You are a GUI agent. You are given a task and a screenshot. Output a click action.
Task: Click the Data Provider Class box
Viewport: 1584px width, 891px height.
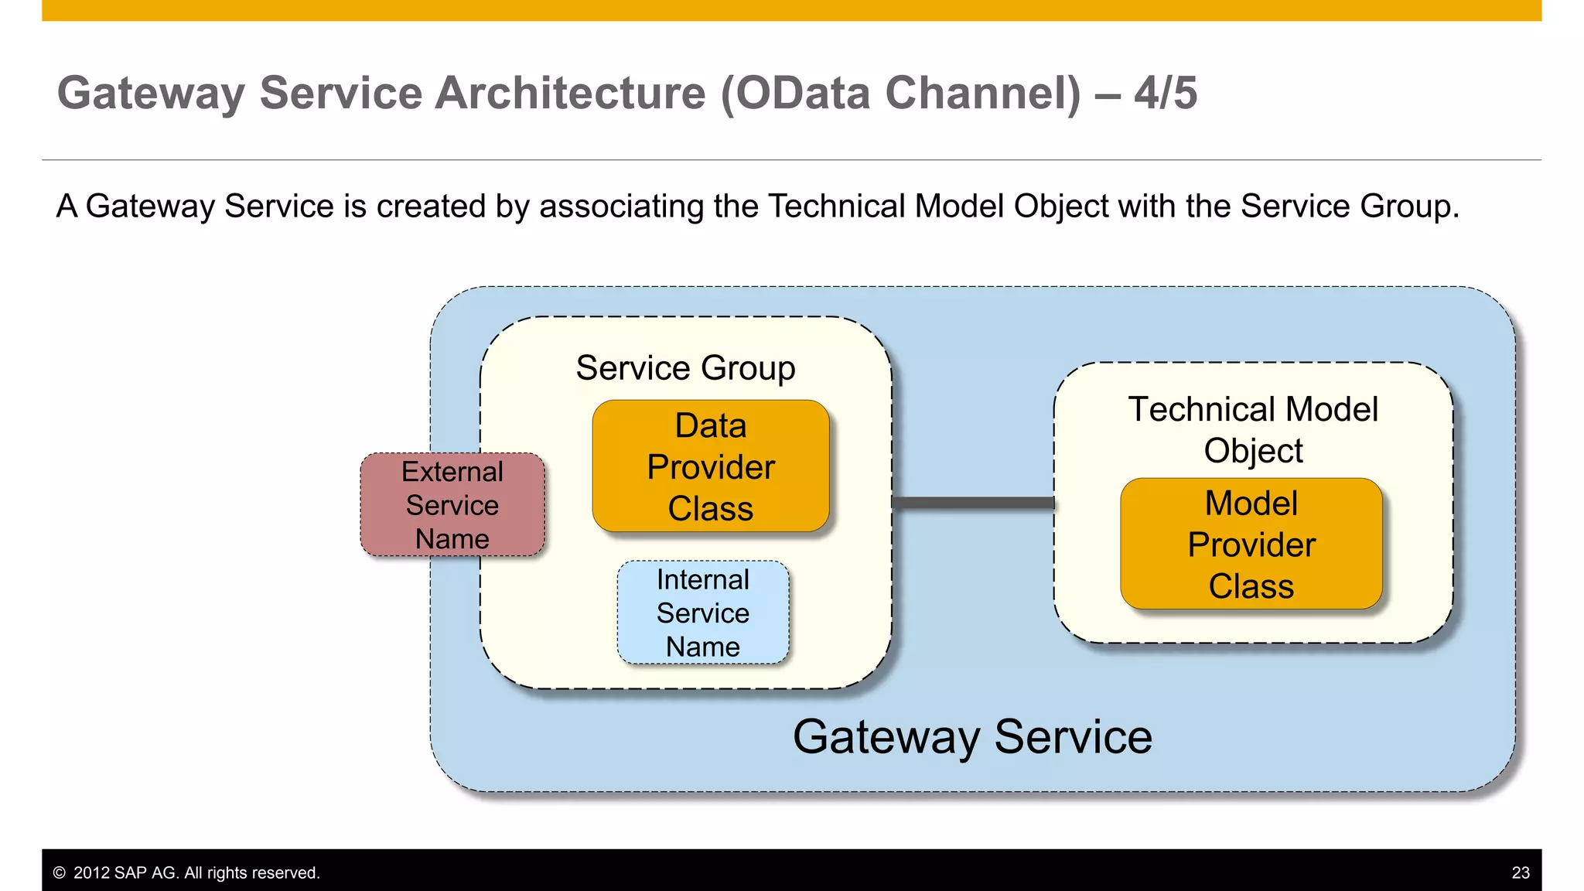tap(710, 466)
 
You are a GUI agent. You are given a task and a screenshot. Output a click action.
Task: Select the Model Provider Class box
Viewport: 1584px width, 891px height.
tap(1251, 544)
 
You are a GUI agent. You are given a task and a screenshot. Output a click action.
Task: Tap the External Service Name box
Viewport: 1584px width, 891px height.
tap(452, 505)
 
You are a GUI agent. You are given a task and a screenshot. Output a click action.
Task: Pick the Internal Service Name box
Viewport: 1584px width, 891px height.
tap(702, 613)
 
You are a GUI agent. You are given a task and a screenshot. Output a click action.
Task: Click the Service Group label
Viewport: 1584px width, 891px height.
tap(685, 368)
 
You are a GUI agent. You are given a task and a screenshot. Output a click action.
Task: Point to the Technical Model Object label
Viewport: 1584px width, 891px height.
tap(1253, 429)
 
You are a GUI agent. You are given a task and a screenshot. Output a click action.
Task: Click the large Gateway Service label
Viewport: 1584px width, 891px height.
tap(972, 736)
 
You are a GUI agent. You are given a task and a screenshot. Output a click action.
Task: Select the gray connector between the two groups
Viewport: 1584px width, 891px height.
tap(973, 503)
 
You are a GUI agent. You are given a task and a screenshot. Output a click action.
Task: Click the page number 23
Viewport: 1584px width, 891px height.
tap(1520, 872)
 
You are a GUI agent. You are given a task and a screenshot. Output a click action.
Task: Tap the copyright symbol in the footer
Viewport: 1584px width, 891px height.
tap(60, 872)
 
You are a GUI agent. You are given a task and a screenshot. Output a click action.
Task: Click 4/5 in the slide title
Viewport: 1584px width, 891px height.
tap(1166, 93)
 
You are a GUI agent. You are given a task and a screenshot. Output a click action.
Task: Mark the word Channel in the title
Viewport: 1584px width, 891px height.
tap(981, 93)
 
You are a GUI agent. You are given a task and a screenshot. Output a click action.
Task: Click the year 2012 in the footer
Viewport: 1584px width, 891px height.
tap(91, 872)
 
